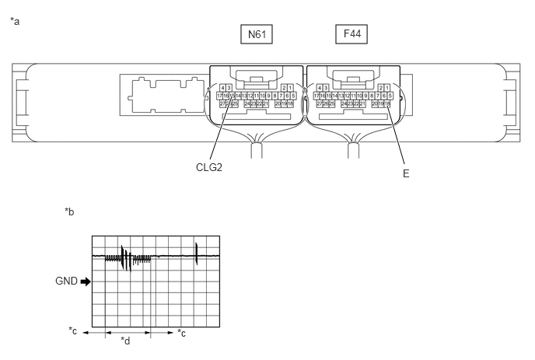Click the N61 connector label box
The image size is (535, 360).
coord(256,34)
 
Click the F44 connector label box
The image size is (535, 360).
coord(351,34)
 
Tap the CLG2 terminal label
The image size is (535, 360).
coord(210,166)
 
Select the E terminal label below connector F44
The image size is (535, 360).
coord(405,174)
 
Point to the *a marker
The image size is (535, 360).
coord(15,21)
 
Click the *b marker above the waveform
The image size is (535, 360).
coord(69,211)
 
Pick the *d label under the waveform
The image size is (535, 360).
coord(125,341)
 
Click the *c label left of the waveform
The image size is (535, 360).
coord(73,332)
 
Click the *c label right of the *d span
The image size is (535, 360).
coord(181,333)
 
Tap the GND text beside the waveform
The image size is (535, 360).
coord(67,281)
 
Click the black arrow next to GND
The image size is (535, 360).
coord(86,281)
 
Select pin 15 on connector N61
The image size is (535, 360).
coord(233,95)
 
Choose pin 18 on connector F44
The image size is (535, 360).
coord(388,103)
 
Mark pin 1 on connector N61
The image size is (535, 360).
coord(290,87)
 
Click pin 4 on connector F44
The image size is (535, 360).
coord(319,87)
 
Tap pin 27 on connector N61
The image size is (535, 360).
coord(221,103)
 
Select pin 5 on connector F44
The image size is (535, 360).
coord(389,95)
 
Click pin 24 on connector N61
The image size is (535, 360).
coord(247,103)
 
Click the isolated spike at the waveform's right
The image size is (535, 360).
coord(197,252)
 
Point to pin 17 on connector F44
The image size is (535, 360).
coord(316,95)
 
